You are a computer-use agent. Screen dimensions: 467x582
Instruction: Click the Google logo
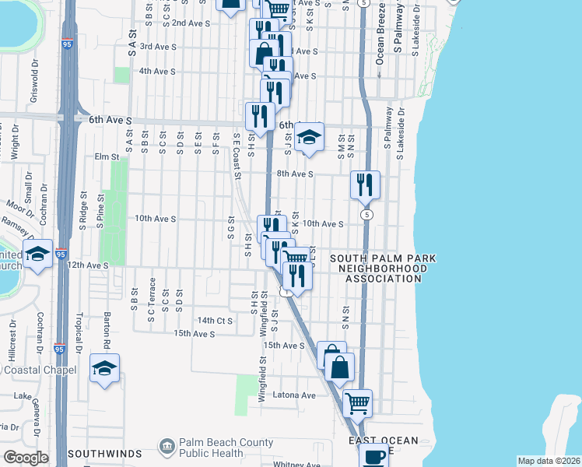point(26,458)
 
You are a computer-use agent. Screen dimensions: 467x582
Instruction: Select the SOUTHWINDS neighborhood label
point(104,453)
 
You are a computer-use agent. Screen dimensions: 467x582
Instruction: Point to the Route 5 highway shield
point(365,212)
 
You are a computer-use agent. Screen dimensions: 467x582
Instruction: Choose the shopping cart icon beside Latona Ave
point(357,403)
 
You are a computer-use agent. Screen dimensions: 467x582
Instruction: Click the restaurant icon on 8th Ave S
point(365,184)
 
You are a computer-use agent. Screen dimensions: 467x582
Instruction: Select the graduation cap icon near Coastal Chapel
point(104,368)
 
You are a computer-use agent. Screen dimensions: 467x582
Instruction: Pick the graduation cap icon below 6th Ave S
point(309,137)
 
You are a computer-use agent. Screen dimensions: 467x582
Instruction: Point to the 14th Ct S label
point(215,320)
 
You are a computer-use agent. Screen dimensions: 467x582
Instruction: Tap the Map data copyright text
point(549,461)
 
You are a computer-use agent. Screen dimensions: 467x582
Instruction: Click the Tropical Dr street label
point(79,332)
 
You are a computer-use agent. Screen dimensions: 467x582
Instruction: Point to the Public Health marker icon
point(167,446)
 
